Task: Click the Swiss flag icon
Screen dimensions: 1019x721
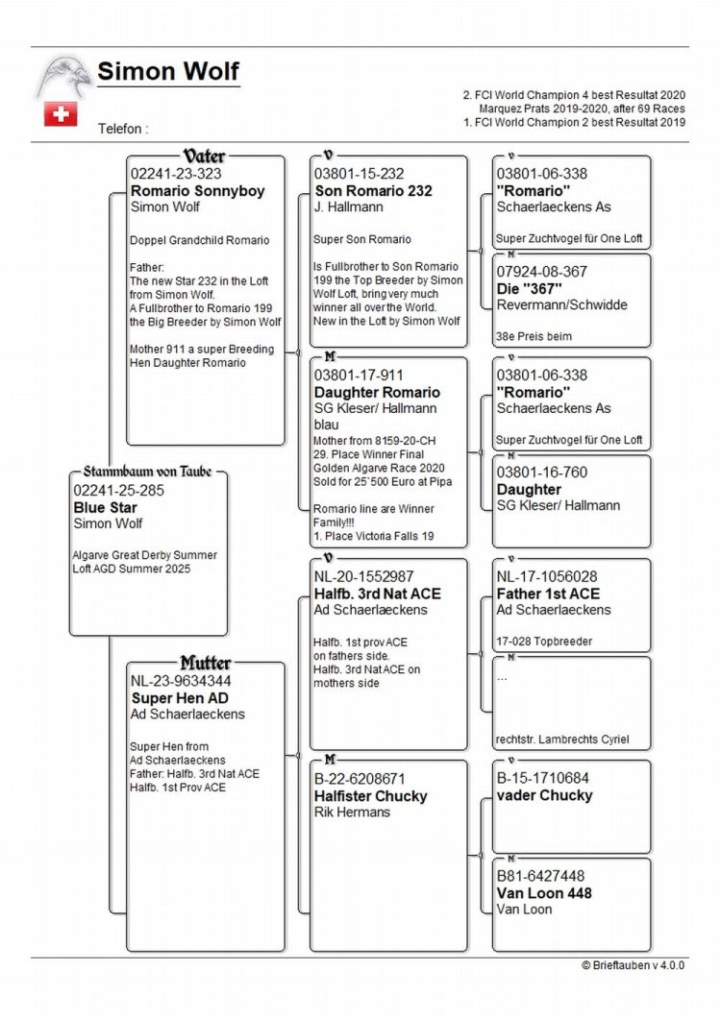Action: pyautogui.click(x=60, y=114)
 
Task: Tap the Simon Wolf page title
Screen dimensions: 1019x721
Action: pyautogui.click(x=168, y=72)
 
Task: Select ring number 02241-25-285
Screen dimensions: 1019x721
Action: pyautogui.click(x=118, y=491)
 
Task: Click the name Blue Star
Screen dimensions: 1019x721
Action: pyautogui.click(x=106, y=507)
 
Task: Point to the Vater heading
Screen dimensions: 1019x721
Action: pyautogui.click(x=205, y=156)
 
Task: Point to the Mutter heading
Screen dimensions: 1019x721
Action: pyautogui.click(x=205, y=664)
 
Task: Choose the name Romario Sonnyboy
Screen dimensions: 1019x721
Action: pyautogui.click(x=197, y=190)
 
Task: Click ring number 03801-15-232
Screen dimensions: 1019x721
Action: pyautogui.click(x=359, y=174)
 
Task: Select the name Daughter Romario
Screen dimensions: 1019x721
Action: pyautogui.click(x=377, y=392)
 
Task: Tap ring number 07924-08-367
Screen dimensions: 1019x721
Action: pyautogui.click(x=541, y=272)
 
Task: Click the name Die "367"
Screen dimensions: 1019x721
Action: pyautogui.click(x=530, y=288)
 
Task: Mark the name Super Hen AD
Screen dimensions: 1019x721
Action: pyautogui.click(x=180, y=698)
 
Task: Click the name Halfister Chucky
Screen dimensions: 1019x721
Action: pyautogui.click(x=370, y=795)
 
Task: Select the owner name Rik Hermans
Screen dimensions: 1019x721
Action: pyautogui.click(x=352, y=813)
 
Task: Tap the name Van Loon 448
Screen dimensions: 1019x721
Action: pyautogui.click(x=544, y=892)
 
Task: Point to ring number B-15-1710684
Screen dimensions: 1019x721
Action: pyautogui.click(x=542, y=778)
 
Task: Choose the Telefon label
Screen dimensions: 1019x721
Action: pyautogui.click(x=123, y=128)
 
